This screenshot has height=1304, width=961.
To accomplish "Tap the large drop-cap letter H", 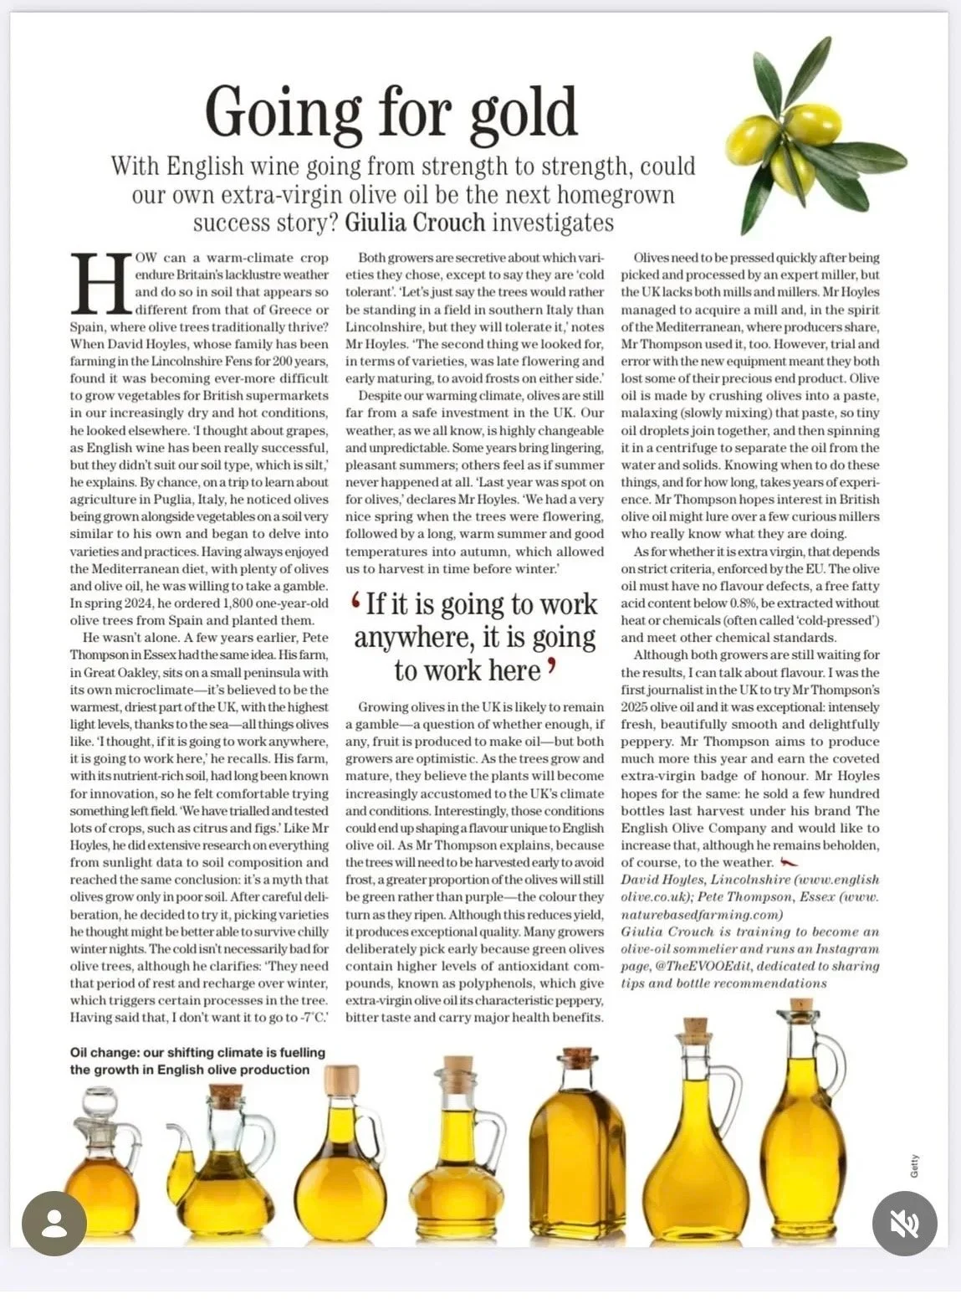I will point(100,283).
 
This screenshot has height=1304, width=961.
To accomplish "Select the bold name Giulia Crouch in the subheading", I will point(415,223).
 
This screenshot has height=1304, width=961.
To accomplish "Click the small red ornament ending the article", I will point(789,863).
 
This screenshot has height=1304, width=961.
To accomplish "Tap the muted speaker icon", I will point(904,1224).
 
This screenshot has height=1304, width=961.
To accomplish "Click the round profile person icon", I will point(54,1224).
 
